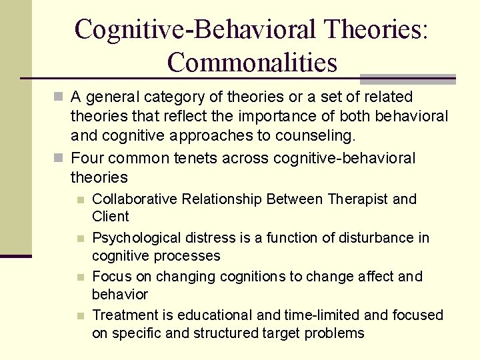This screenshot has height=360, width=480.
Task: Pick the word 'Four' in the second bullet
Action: pos(85,159)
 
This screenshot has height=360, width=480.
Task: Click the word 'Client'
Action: pos(111,217)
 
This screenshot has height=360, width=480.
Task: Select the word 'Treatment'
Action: pos(123,315)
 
